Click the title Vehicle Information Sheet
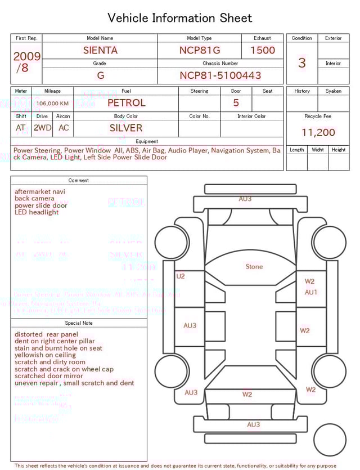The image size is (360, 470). pyautogui.click(x=180, y=18)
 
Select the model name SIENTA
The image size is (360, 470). pyautogui.click(x=100, y=50)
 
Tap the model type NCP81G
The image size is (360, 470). pyautogui.click(x=200, y=50)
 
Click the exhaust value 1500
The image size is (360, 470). pyautogui.click(x=263, y=50)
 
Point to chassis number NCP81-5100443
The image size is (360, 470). pyautogui.click(x=220, y=75)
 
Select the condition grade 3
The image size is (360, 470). pyautogui.click(x=301, y=62)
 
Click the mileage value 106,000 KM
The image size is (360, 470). pyautogui.click(x=52, y=104)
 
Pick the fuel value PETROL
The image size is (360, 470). pyautogui.click(x=126, y=103)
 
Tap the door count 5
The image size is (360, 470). pyautogui.click(x=236, y=103)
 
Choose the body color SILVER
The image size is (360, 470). pyautogui.click(x=126, y=128)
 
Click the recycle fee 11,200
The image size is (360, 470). pyautogui.click(x=318, y=132)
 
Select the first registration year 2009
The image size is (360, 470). pyautogui.click(x=26, y=56)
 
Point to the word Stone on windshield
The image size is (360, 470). pyautogui.click(x=254, y=266)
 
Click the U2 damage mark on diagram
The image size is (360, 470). pyautogui.click(x=181, y=276)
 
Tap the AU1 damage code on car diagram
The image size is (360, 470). pyautogui.click(x=311, y=292)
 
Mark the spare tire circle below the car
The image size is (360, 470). pyautogui.click(x=330, y=440)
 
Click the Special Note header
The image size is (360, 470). pyautogui.click(x=79, y=323)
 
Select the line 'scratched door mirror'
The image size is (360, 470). pyautogui.click(x=49, y=376)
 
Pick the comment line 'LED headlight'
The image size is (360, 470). pyautogui.click(x=37, y=212)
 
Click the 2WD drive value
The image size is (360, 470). pyautogui.click(x=42, y=128)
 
